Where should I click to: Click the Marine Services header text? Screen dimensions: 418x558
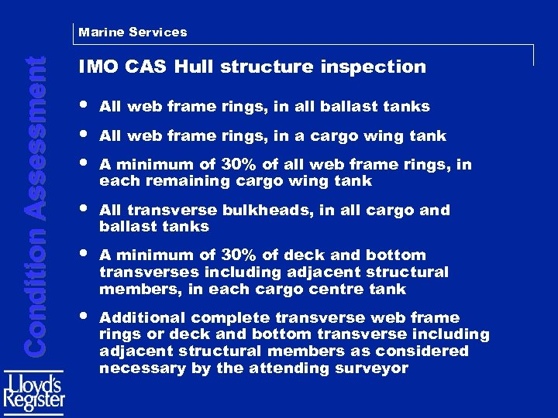133,32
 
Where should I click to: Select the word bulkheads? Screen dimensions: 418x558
261,211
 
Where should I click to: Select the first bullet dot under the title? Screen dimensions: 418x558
83,105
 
